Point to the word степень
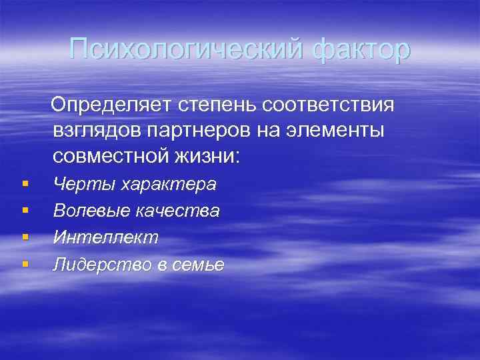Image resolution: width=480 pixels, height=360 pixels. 217,105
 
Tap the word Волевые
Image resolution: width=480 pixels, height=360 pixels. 91,211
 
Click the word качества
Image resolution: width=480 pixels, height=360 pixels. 177,211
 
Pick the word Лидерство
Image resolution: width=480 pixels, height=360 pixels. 101,265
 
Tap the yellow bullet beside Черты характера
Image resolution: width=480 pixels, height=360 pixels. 25,183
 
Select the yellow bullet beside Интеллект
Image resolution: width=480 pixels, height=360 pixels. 25,237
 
